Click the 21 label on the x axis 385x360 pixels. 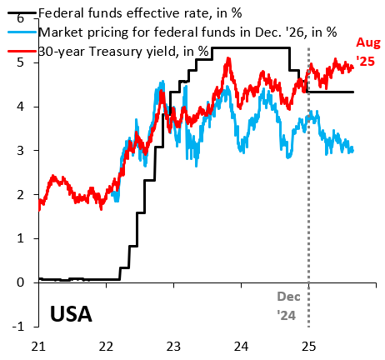click(x=38, y=346)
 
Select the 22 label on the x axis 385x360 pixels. click(x=106, y=346)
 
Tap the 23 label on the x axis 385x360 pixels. click(x=173, y=346)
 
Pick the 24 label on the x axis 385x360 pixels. click(x=241, y=346)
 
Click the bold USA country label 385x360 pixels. click(x=71, y=315)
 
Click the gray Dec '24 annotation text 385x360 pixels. click(x=288, y=305)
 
